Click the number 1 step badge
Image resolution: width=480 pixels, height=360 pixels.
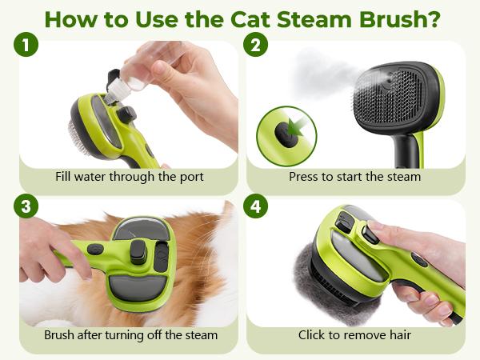pyautogui.click(x=26, y=46)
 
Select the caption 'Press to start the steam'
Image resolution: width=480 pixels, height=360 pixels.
pyautogui.click(x=354, y=177)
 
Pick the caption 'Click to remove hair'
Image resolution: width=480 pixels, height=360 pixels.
pyautogui.click(x=354, y=334)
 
